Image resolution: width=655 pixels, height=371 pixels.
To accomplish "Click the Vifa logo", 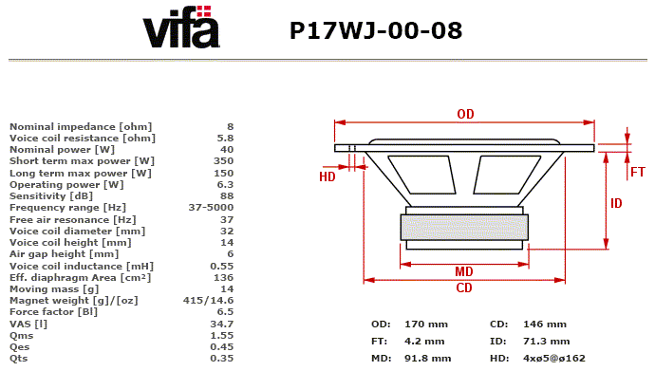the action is [x=181, y=27].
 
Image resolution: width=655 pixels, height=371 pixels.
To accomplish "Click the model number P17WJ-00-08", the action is [x=376, y=30].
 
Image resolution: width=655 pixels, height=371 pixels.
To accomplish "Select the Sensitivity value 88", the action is [x=227, y=196].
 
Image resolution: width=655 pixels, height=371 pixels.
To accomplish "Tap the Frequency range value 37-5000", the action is [x=211, y=208].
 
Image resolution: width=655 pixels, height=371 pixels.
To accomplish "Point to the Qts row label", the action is [x=18, y=359].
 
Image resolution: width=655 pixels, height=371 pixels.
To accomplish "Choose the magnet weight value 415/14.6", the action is [x=208, y=301].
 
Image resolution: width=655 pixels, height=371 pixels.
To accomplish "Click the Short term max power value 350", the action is [x=223, y=161].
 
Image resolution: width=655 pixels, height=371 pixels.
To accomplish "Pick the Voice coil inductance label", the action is [x=82, y=267].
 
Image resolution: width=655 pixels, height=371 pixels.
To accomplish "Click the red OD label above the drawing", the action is [x=465, y=114].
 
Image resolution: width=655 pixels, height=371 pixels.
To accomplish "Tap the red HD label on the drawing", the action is [x=327, y=176].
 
